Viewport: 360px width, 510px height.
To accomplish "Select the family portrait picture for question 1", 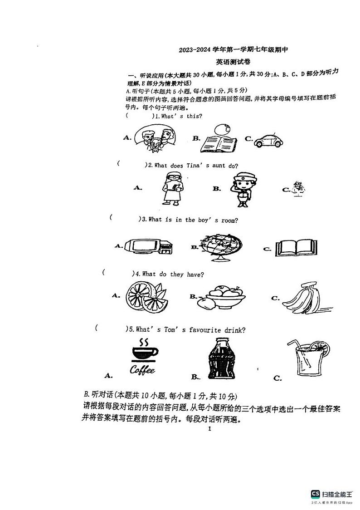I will (156, 138).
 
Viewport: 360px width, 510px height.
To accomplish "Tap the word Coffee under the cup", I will (142, 370).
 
